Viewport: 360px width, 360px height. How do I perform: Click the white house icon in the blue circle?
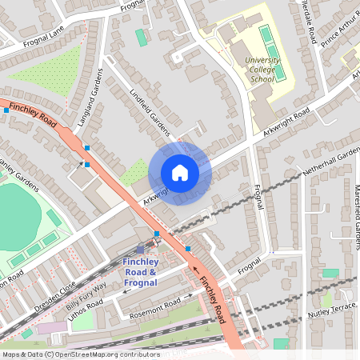coord(180,173)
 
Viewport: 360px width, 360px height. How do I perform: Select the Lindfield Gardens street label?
coord(149,113)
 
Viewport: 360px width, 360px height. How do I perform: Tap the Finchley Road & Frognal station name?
coord(152,272)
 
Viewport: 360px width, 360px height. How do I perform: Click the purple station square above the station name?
coord(140,249)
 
